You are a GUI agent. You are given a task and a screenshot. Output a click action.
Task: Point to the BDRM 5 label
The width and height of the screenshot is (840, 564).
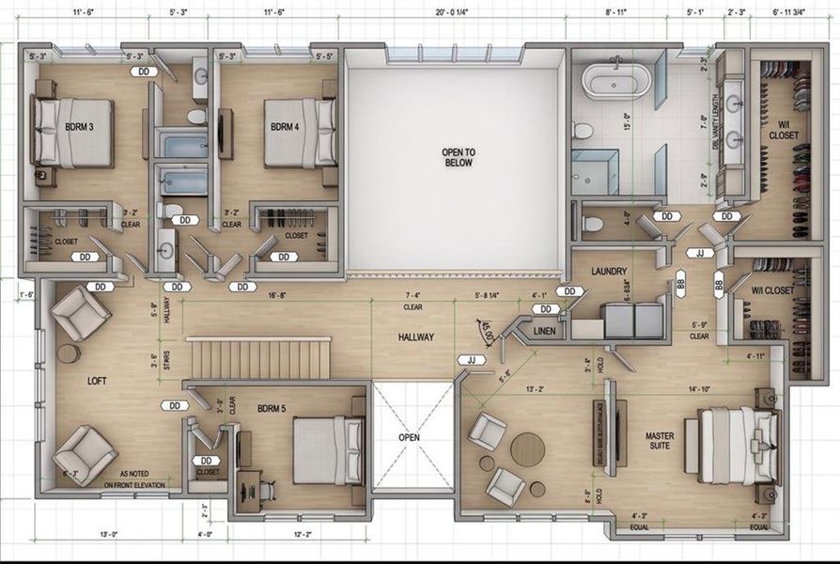(275, 408)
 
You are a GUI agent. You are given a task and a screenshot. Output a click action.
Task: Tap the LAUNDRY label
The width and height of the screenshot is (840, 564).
(609, 272)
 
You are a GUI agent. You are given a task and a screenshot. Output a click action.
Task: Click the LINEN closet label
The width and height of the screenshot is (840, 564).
(544, 331)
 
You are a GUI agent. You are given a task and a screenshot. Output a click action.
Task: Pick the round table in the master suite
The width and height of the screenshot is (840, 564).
(527, 446)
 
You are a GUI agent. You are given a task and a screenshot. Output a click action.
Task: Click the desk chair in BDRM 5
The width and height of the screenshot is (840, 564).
(266, 490)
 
